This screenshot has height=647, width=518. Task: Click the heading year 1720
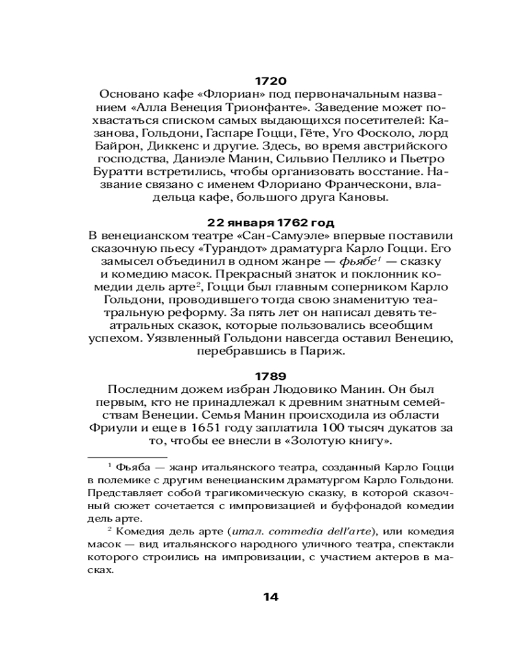[x=271, y=82]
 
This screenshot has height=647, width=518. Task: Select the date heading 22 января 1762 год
[x=271, y=223]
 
